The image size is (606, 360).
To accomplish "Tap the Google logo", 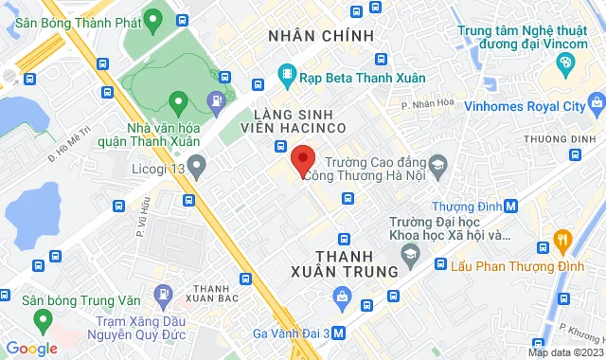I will (31, 349).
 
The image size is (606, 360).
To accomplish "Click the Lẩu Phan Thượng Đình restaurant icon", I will (561, 238).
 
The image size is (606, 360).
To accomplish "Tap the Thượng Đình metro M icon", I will (511, 206).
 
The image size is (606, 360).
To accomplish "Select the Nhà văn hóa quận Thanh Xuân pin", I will (177, 100).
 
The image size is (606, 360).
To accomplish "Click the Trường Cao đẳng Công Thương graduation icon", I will (437, 168).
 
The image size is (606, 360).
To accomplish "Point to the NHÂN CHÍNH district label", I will (321, 35).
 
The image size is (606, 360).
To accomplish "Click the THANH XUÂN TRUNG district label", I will (356, 263).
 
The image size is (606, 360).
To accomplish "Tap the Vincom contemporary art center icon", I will (565, 63).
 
